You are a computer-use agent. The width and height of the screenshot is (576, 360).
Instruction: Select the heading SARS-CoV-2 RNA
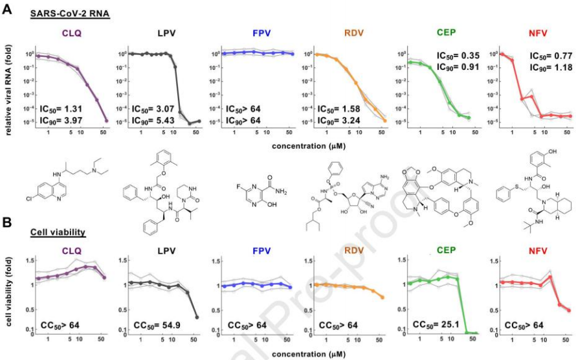click(70, 15)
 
